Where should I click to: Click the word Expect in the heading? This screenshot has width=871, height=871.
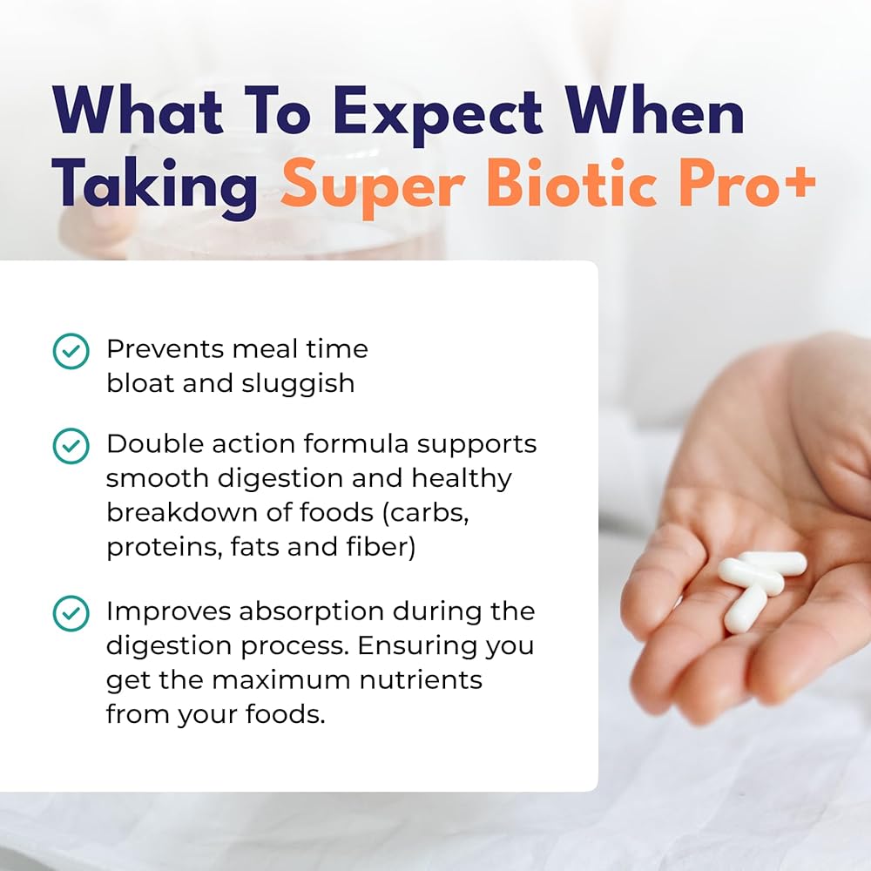(x=438, y=114)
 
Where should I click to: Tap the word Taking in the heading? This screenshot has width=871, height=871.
(x=156, y=187)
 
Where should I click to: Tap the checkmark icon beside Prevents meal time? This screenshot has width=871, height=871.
(x=71, y=351)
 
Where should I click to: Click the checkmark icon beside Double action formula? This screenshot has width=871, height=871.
(x=71, y=445)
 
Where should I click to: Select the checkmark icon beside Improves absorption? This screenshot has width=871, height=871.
(x=71, y=613)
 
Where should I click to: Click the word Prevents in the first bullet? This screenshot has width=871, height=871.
(x=165, y=349)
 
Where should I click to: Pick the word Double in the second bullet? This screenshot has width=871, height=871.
(x=151, y=444)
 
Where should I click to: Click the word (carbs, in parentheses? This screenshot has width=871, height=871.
(x=426, y=513)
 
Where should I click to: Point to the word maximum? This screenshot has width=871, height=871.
(x=283, y=680)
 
